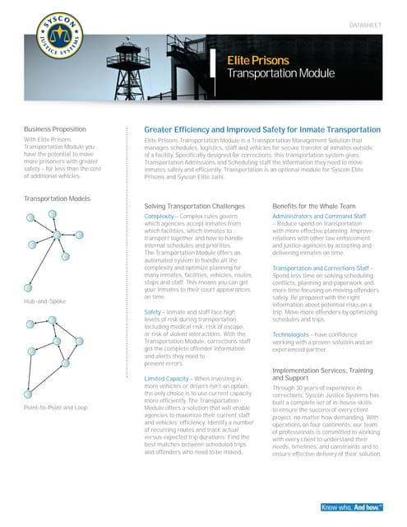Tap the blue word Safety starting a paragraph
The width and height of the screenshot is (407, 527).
(x=153, y=313)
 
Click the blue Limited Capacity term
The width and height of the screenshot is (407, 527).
(x=169, y=378)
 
